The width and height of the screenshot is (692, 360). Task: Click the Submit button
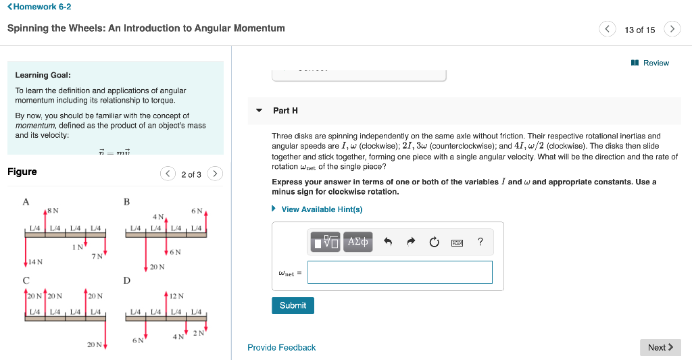293,305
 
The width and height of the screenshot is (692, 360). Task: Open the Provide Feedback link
281,347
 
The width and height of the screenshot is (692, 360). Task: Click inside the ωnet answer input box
400,272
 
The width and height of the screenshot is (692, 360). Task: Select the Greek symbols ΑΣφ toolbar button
357,242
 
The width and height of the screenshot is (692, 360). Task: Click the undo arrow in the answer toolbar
387,242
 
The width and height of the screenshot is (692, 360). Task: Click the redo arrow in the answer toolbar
410,242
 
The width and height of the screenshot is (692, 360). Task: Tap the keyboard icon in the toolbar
458,242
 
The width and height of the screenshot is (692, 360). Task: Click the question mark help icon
480,242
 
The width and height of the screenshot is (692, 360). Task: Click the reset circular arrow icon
434,242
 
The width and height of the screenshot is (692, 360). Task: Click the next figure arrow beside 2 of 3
215,174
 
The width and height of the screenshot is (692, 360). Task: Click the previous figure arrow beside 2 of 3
168,174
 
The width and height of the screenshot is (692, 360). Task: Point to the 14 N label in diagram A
35,261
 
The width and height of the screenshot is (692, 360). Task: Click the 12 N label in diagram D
176,296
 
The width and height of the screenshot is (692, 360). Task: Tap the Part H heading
285,110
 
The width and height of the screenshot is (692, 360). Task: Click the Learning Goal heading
43,75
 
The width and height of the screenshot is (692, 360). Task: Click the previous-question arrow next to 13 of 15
608,29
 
